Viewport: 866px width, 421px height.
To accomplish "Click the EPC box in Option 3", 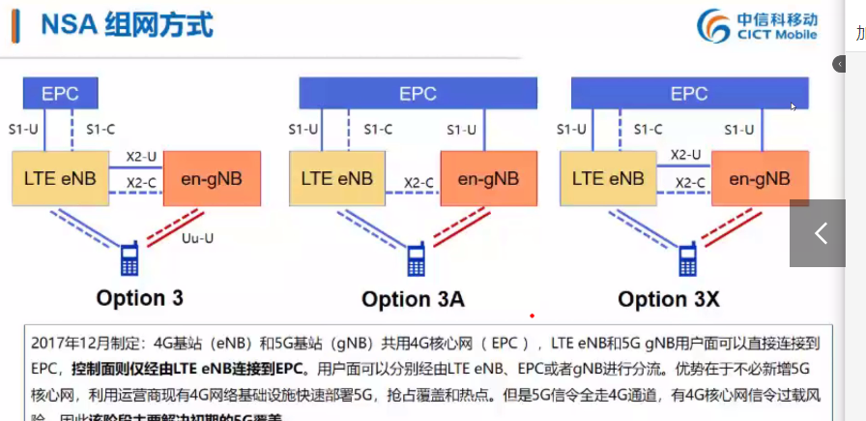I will (x=60, y=94).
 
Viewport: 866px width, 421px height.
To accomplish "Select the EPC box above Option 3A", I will (x=418, y=94).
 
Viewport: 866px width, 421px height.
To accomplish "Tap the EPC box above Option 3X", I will (x=689, y=94).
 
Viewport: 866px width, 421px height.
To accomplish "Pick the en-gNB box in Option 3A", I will (x=488, y=178).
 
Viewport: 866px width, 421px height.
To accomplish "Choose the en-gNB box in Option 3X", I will (x=760, y=178).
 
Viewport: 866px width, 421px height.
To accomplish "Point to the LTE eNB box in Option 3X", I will (x=608, y=178).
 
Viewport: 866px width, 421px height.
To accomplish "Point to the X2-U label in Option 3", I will (x=141, y=155).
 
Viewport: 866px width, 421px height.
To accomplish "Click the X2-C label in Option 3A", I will (x=419, y=182).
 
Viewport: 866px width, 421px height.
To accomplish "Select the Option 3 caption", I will (x=139, y=297).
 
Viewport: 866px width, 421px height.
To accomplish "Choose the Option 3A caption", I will (x=413, y=299).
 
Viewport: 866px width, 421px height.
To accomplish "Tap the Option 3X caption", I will (x=669, y=299).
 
